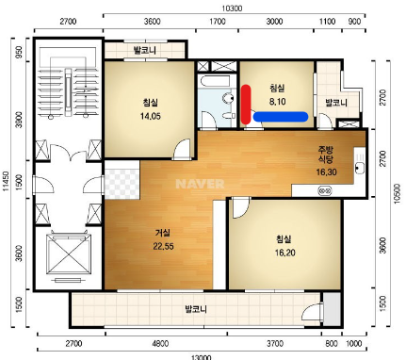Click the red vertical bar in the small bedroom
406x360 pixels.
[x=246, y=104]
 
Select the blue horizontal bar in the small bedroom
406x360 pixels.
[x=281, y=117]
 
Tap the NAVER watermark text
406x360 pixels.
[x=200, y=184]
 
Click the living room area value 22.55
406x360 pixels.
[x=163, y=246]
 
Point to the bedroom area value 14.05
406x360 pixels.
[x=151, y=116]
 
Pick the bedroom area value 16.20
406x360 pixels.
[x=285, y=253]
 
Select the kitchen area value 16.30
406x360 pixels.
[x=326, y=172]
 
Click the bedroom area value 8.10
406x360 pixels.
[x=278, y=102]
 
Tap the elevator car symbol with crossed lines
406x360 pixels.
[x=68, y=254]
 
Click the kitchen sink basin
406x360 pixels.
[x=360, y=168]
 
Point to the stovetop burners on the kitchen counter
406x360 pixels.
[x=325, y=190]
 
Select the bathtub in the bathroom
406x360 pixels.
[x=217, y=81]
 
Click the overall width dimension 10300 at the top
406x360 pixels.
[x=233, y=8]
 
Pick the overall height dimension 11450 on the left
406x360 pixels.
[x=6, y=181]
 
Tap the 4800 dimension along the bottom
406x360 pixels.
[x=160, y=343]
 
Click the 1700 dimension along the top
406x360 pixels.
[x=218, y=22]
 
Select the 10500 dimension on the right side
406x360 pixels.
[x=398, y=193]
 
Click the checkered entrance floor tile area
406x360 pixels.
[x=122, y=180]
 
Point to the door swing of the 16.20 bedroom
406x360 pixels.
[x=240, y=208]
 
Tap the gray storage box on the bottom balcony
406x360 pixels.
[x=332, y=309]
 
